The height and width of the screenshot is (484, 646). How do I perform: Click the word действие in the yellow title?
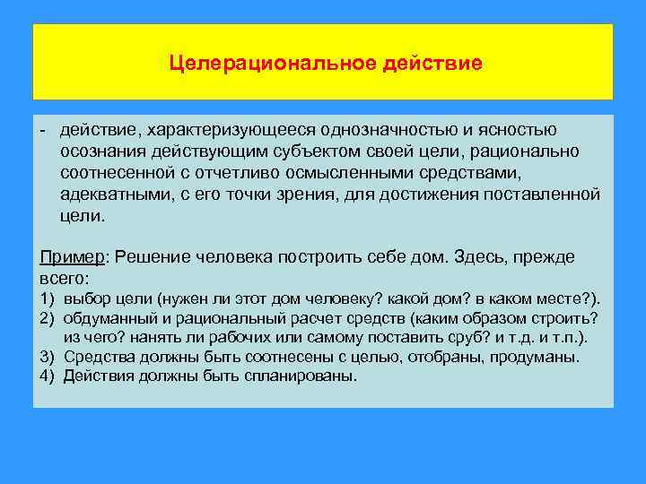434,64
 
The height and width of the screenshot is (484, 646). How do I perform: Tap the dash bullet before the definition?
43,133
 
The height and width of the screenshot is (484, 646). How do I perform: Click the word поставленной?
548,194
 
